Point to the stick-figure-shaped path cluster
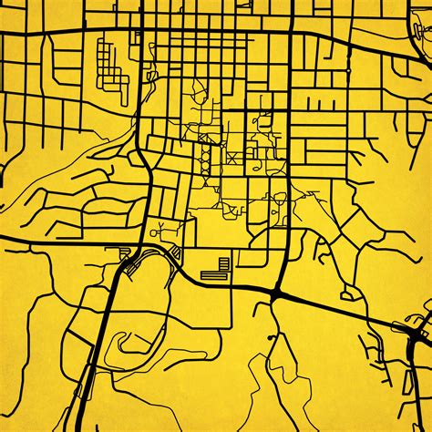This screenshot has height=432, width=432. coord(161,225)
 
